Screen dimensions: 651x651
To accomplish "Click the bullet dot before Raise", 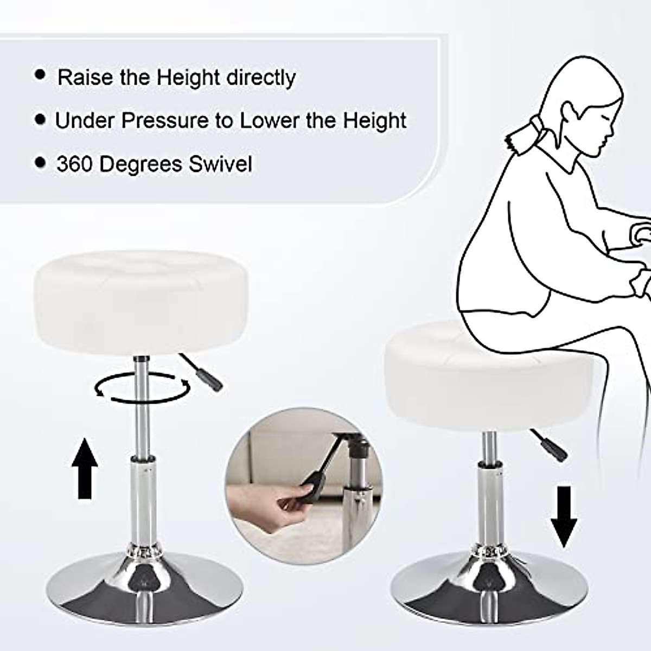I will click(40, 75).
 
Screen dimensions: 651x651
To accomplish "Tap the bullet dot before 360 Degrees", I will click(40, 162).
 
